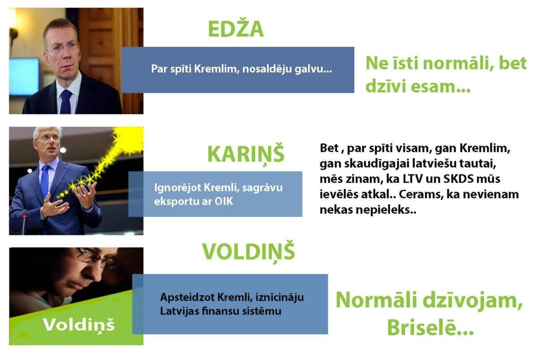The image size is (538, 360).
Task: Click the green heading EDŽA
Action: (x=236, y=28)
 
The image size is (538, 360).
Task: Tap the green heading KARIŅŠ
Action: (x=246, y=154)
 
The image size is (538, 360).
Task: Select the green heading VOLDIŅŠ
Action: (x=248, y=252)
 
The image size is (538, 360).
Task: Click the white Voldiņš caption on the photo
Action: (x=79, y=325)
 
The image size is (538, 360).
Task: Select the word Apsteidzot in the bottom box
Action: (x=187, y=298)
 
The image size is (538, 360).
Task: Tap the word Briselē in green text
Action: (x=424, y=327)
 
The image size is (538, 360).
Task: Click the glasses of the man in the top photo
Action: (x=63, y=48)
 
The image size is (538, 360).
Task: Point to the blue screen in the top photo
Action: (x=24, y=76)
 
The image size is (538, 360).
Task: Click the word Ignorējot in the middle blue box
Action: (x=178, y=188)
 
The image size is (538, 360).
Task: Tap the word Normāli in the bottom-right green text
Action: (x=376, y=300)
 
